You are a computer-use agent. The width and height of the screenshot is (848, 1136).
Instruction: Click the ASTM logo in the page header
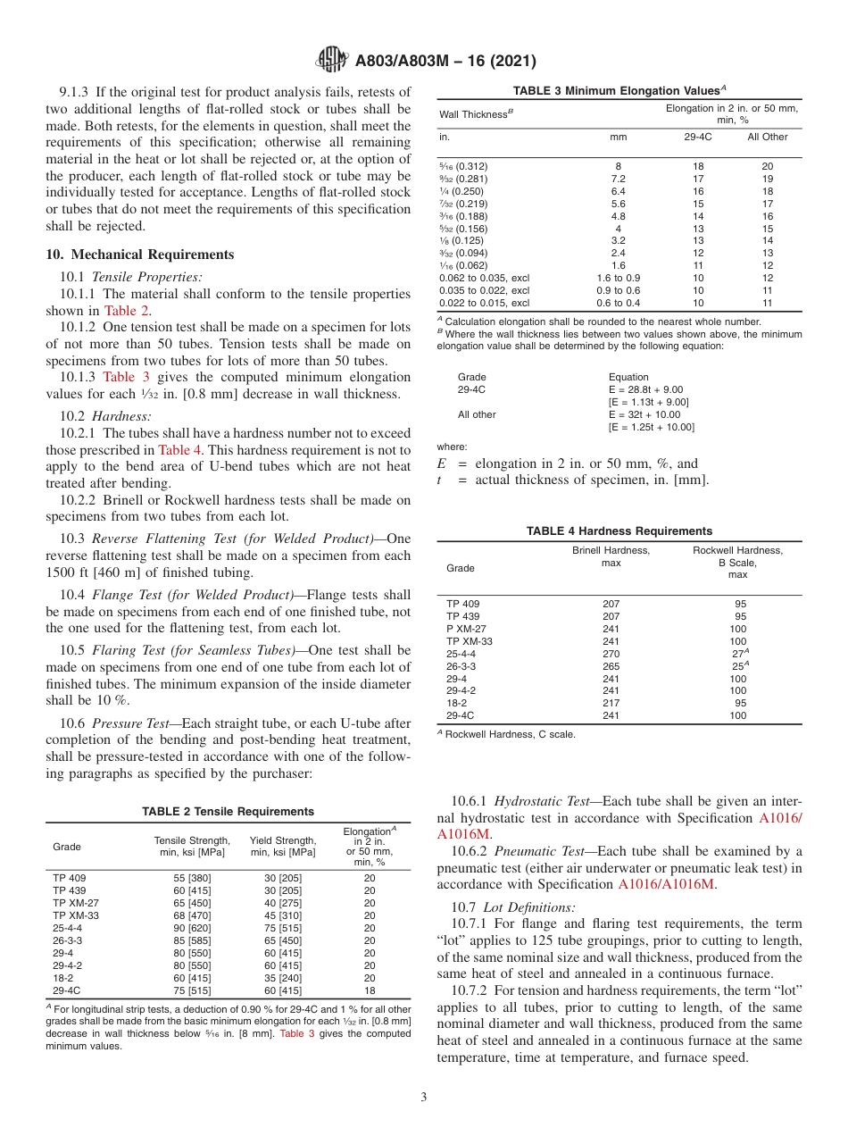point(330,61)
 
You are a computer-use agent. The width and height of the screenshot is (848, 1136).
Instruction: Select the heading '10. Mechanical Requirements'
point(140,255)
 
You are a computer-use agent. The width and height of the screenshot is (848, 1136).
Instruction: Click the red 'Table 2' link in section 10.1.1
point(127,311)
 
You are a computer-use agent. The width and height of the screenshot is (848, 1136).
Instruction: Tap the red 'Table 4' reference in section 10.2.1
point(180,450)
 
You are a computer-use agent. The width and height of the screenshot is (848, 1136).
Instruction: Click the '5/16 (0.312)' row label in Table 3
point(463,166)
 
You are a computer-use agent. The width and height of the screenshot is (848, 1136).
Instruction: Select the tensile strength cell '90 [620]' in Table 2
point(192,928)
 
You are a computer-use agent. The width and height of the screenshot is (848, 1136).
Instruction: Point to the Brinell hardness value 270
point(611,654)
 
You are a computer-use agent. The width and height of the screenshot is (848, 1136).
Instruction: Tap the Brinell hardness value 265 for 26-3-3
point(611,666)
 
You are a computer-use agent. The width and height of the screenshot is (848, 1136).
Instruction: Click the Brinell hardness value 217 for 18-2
point(611,703)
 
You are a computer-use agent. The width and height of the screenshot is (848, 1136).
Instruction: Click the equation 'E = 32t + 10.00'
point(644,414)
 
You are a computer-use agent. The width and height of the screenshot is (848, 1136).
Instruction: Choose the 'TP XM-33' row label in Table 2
point(76,915)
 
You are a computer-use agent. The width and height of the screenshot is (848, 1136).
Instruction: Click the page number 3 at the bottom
point(423,1098)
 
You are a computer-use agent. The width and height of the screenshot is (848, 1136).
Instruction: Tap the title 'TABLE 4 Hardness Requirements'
point(619,530)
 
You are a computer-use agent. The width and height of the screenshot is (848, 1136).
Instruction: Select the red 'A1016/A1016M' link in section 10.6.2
point(667,885)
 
